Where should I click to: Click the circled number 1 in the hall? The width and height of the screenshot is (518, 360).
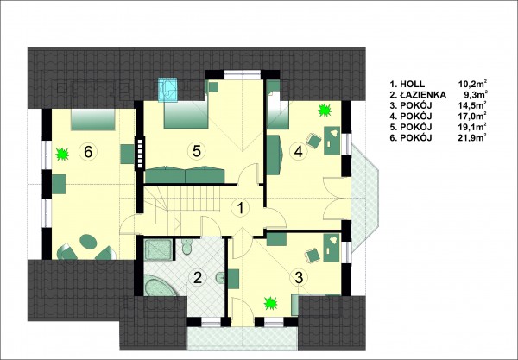click(x=241, y=208)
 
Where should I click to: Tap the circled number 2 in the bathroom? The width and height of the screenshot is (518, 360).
click(x=197, y=278)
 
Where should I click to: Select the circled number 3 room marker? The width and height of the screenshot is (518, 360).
click(x=299, y=278)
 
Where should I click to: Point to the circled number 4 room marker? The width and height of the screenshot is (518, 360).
click(x=299, y=152)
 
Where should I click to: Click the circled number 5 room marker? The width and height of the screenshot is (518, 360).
click(x=197, y=151)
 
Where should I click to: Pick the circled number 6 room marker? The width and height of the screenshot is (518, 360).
click(x=88, y=152)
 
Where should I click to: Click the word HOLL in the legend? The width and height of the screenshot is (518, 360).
click(x=413, y=85)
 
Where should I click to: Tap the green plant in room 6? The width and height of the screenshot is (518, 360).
click(x=62, y=155)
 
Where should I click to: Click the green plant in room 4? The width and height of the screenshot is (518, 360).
click(x=325, y=110)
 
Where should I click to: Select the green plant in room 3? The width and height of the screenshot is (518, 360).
click(x=271, y=303)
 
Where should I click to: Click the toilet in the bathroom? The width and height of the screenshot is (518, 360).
click(x=186, y=246)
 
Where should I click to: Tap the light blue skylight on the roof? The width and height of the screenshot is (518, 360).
click(x=167, y=90)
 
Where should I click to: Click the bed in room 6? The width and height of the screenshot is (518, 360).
click(x=93, y=120)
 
